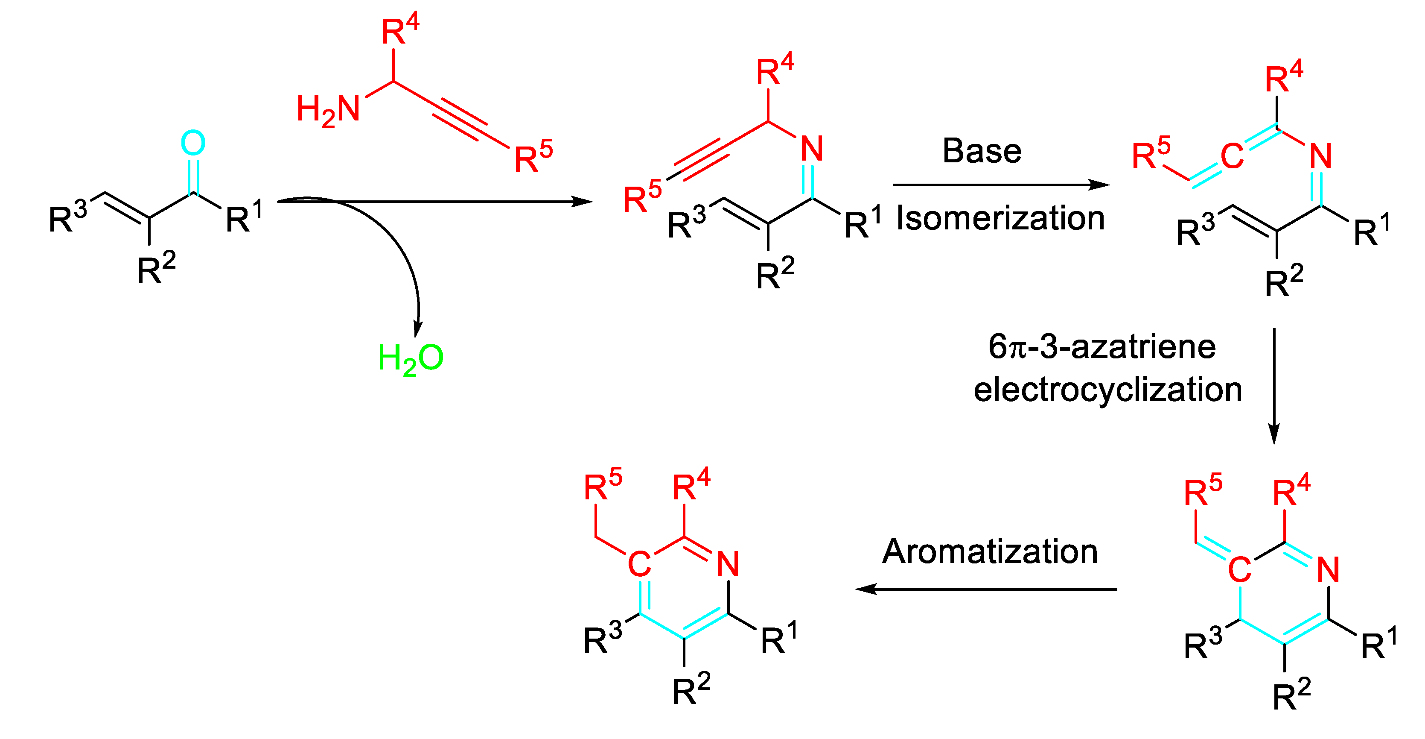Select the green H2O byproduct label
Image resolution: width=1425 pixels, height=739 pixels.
point(411,359)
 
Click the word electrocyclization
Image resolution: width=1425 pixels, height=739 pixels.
point(1107,389)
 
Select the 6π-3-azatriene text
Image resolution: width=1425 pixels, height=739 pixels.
point(1102,347)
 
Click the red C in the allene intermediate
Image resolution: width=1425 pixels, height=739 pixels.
point(1232,157)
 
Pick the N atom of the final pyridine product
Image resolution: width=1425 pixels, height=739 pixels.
point(728,564)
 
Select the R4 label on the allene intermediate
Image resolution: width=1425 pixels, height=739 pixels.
point(1284,77)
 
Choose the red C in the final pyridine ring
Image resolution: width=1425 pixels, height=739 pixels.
point(639,565)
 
